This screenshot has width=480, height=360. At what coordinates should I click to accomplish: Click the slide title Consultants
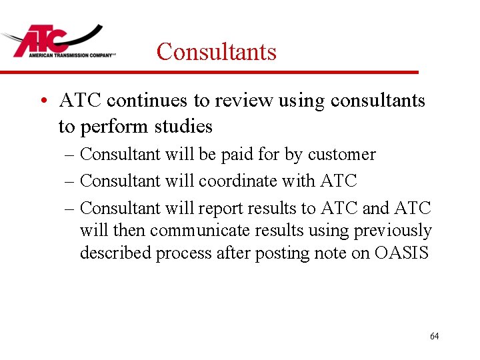coord(216,51)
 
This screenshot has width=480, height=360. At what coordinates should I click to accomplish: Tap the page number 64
coord(434,336)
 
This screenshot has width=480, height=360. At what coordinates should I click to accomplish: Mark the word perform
coord(113,126)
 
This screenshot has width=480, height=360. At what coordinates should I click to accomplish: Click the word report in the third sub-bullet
coord(221,208)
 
